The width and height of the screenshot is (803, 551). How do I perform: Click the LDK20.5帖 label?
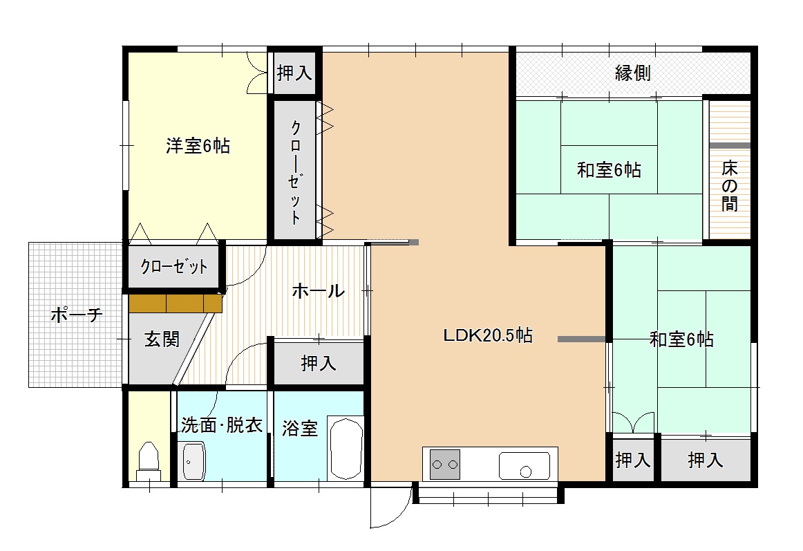pos(487,336)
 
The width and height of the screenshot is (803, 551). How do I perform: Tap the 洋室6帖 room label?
pos(197,146)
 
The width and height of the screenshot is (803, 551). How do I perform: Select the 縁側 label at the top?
pos(632,73)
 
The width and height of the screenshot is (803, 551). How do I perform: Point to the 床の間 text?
pos(729,185)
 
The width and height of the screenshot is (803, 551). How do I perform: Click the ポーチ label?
pos(77,315)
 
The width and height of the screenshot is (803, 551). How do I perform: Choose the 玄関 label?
pos(162,339)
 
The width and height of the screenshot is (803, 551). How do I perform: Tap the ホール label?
pos(318,291)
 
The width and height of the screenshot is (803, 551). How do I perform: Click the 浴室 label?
pos(299,429)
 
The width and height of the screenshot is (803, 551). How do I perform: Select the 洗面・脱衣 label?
pos(221,425)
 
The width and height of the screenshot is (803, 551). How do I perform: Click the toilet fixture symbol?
pos(149,460)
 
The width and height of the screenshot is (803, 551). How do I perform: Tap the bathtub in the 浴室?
pos(345,448)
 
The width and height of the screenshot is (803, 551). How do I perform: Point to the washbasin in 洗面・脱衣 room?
pos(193,461)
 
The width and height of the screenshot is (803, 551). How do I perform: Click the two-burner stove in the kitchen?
pos(446,464)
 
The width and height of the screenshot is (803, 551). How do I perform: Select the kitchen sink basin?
pos(525,465)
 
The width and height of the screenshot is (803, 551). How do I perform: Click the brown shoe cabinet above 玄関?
pos(175,303)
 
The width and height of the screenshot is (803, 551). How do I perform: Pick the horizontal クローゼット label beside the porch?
pos(173,267)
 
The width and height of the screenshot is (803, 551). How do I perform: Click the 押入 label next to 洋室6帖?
pos(294,73)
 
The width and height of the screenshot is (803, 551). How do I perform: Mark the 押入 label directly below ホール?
pos(319,364)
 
